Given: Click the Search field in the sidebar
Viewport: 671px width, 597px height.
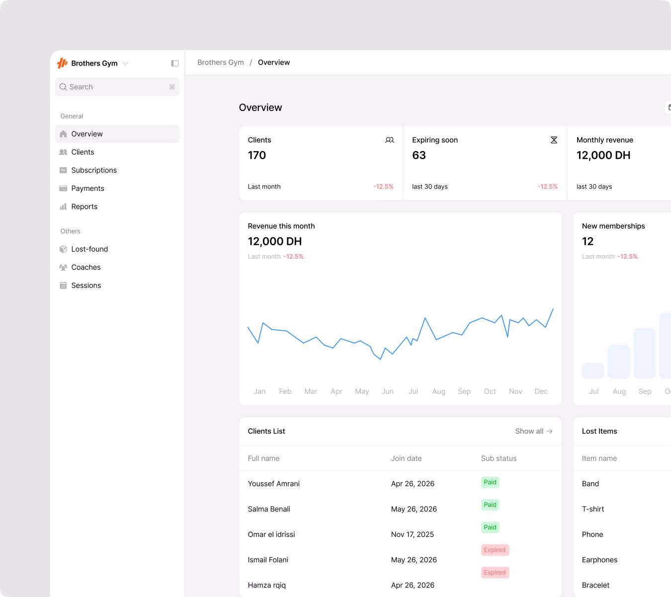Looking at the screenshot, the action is (x=117, y=87).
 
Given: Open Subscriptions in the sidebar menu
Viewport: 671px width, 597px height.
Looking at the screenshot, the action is (x=94, y=170).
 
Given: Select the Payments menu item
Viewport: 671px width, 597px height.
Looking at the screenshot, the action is (x=87, y=188).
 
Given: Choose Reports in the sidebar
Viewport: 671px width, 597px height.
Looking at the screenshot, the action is (x=84, y=206).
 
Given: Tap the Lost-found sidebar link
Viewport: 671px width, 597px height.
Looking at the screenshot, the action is (x=89, y=249).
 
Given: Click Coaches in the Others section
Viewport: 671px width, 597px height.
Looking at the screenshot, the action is (x=86, y=267).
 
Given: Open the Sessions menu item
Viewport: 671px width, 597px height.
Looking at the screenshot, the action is (x=86, y=286).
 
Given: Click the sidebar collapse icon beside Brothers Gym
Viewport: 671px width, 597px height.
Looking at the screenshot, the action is (x=174, y=63).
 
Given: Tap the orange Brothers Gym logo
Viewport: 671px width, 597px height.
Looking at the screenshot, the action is (x=62, y=63).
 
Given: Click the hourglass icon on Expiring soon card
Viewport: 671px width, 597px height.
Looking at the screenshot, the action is (x=554, y=140).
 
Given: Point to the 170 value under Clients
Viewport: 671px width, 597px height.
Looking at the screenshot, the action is (x=256, y=155).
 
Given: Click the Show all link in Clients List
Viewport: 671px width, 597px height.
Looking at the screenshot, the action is (x=533, y=431).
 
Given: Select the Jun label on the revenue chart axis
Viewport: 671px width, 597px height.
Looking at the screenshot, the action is (x=388, y=391).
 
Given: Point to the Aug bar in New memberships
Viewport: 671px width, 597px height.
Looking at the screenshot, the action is (x=618, y=361).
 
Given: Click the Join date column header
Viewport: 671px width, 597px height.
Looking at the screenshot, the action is (x=406, y=458).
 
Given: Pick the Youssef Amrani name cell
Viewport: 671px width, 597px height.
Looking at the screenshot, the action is (x=273, y=483).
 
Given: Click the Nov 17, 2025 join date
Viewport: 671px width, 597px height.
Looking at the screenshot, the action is (x=412, y=534).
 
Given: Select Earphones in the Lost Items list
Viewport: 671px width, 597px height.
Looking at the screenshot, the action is (x=599, y=560).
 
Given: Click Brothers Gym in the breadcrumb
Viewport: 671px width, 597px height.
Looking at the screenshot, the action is (x=220, y=62).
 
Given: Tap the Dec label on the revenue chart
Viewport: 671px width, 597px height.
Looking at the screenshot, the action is (x=541, y=391).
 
